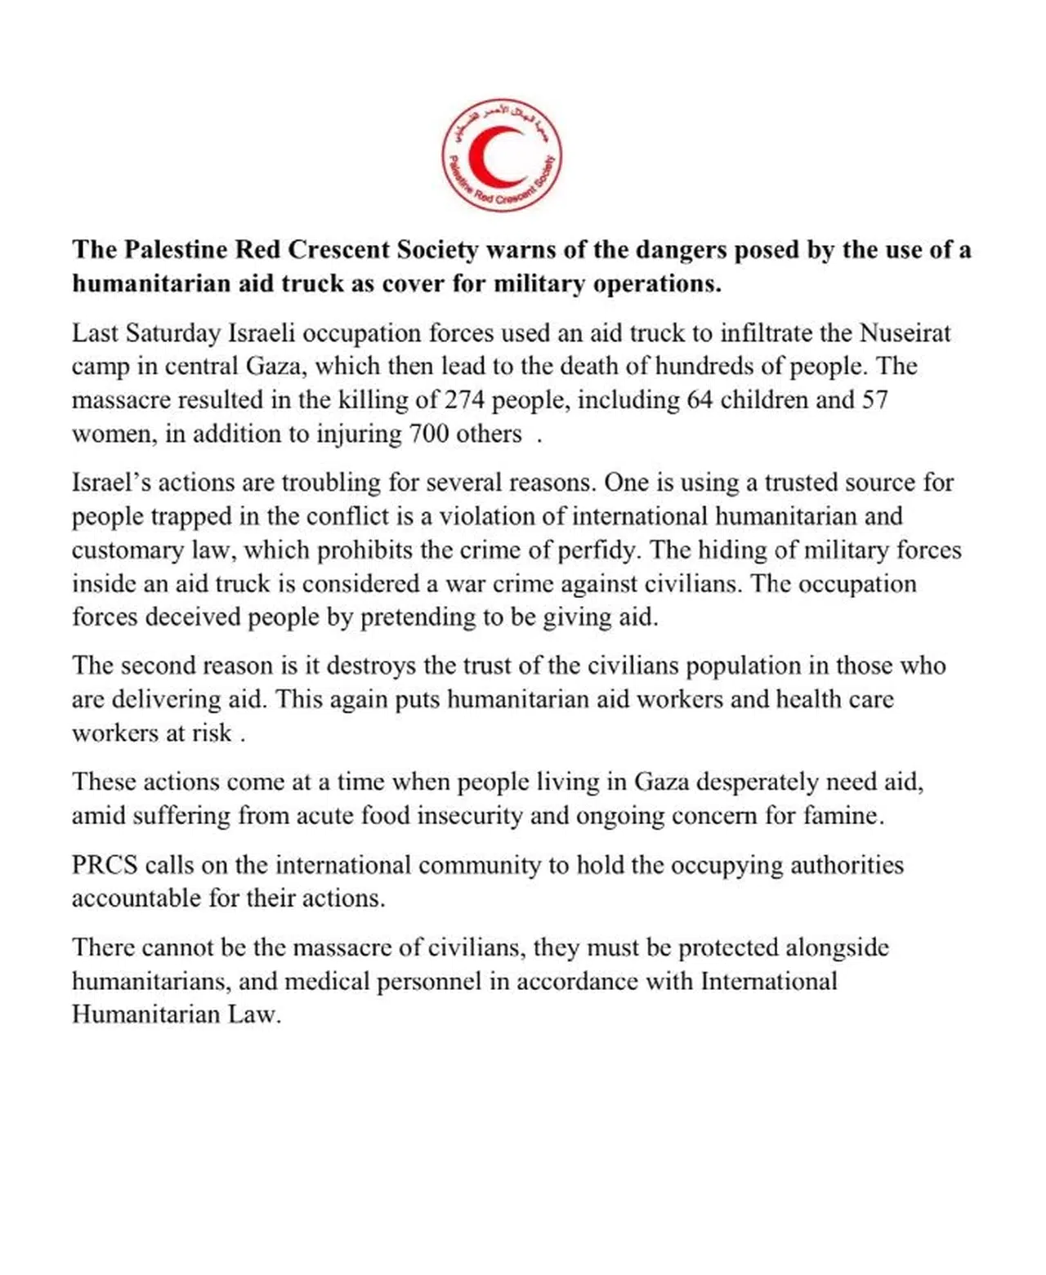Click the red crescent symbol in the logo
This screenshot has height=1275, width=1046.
pos(493,157)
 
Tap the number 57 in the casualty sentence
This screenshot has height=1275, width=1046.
pos(874,400)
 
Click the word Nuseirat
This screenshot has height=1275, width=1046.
pos(905,333)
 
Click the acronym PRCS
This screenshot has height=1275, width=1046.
pos(105,865)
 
